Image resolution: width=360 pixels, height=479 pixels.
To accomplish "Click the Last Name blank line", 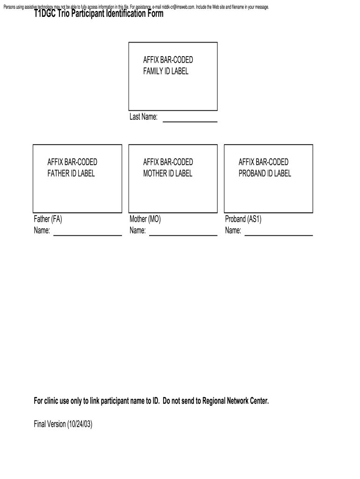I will [190, 122].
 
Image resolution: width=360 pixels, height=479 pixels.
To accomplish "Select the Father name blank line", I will [87, 235].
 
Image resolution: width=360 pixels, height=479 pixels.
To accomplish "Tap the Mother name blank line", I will [183, 235].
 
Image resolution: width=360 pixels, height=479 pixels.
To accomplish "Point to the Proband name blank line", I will [279, 235].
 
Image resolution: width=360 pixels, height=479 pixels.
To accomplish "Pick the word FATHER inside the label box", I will [59, 174].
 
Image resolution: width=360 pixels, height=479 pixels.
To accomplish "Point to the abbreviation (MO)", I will [155, 219].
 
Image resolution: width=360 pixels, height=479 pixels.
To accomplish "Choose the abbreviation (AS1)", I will [254, 219].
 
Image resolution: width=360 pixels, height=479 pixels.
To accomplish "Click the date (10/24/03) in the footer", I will [79, 424].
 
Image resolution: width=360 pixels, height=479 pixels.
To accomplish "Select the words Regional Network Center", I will [236, 401].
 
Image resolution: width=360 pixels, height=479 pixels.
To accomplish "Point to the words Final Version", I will [49, 424].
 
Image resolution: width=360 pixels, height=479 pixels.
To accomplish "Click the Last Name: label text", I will [144, 117].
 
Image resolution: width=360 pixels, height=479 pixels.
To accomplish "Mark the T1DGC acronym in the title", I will [45, 14].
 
